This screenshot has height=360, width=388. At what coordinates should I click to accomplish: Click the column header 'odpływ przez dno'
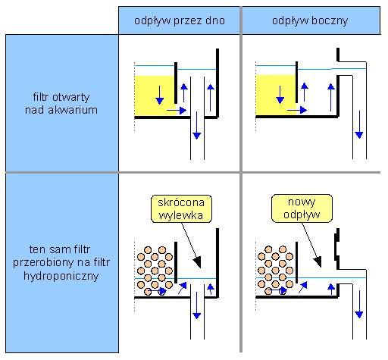click(x=179, y=20)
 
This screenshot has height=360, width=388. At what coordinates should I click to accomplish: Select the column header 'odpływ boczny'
click(x=311, y=20)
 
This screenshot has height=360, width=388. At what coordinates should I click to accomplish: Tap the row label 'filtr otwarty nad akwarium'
click(x=61, y=103)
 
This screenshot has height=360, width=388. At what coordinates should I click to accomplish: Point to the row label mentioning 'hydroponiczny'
click(x=61, y=262)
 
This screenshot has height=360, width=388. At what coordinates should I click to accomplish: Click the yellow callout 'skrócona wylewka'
click(x=181, y=208)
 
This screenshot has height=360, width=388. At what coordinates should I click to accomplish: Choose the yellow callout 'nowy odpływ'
click(x=302, y=208)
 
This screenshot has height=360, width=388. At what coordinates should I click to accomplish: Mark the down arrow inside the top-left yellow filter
click(x=159, y=95)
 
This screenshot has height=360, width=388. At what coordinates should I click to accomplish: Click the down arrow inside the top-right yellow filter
click(x=280, y=95)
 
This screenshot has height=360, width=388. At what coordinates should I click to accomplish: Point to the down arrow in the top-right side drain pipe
click(x=359, y=124)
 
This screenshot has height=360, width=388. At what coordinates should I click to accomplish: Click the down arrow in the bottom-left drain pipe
click(x=197, y=305)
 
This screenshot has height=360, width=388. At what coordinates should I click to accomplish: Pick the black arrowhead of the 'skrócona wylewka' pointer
click(x=197, y=262)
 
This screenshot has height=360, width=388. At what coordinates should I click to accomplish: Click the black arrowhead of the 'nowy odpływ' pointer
click(x=318, y=261)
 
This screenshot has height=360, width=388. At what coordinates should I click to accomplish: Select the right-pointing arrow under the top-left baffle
click(x=177, y=110)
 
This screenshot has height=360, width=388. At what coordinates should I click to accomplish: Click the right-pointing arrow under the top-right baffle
click(x=297, y=110)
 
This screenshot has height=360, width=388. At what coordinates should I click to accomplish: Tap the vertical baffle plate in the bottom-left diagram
click(x=176, y=262)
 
